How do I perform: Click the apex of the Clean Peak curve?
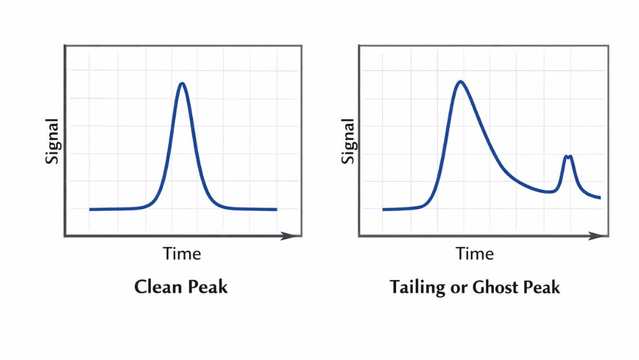click(x=182, y=83)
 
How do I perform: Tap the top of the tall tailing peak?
click(x=460, y=81)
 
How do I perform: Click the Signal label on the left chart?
click(x=52, y=141)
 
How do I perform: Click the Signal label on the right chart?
click(x=348, y=141)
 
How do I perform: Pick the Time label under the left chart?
click(x=182, y=254)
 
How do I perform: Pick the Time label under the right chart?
click(x=475, y=254)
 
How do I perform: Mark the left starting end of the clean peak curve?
click(x=90, y=209)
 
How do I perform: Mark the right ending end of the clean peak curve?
click(x=276, y=209)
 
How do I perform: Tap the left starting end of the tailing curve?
click(x=383, y=209)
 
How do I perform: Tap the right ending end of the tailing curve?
click(x=600, y=198)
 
